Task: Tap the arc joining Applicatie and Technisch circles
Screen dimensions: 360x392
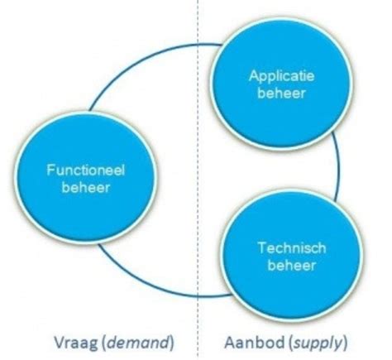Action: coord(340,170)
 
